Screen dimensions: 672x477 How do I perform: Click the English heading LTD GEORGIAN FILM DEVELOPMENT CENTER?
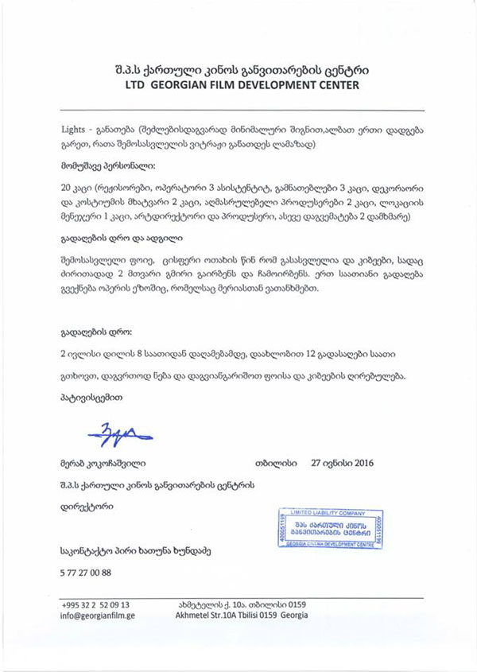[x=237, y=84]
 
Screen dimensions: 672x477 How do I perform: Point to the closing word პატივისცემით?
[x=92, y=395]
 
